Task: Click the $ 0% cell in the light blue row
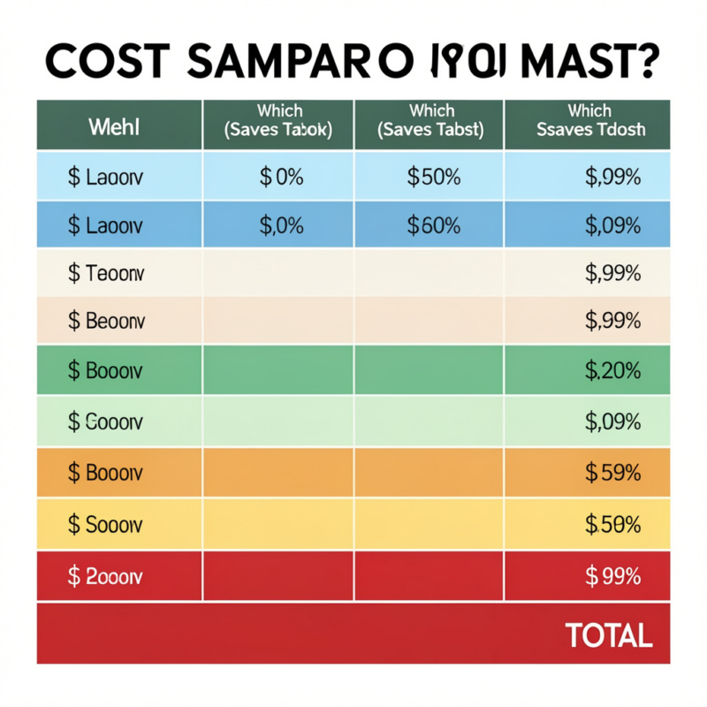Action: coord(281,177)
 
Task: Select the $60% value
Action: coord(433,225)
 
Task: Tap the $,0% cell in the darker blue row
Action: coord(281,225)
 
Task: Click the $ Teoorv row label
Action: coord(105,273)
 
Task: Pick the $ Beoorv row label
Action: coord(105,321)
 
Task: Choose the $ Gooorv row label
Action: coord(105,422)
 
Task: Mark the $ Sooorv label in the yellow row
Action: coord(105,524)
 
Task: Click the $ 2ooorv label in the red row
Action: coord(105,576)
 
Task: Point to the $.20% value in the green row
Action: coord(612,371)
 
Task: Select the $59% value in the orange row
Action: coord(612,473)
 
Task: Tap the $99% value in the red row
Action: coord(612,576)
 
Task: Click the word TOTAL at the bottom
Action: coord(608,634)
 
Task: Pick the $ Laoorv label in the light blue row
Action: coord(105,177)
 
